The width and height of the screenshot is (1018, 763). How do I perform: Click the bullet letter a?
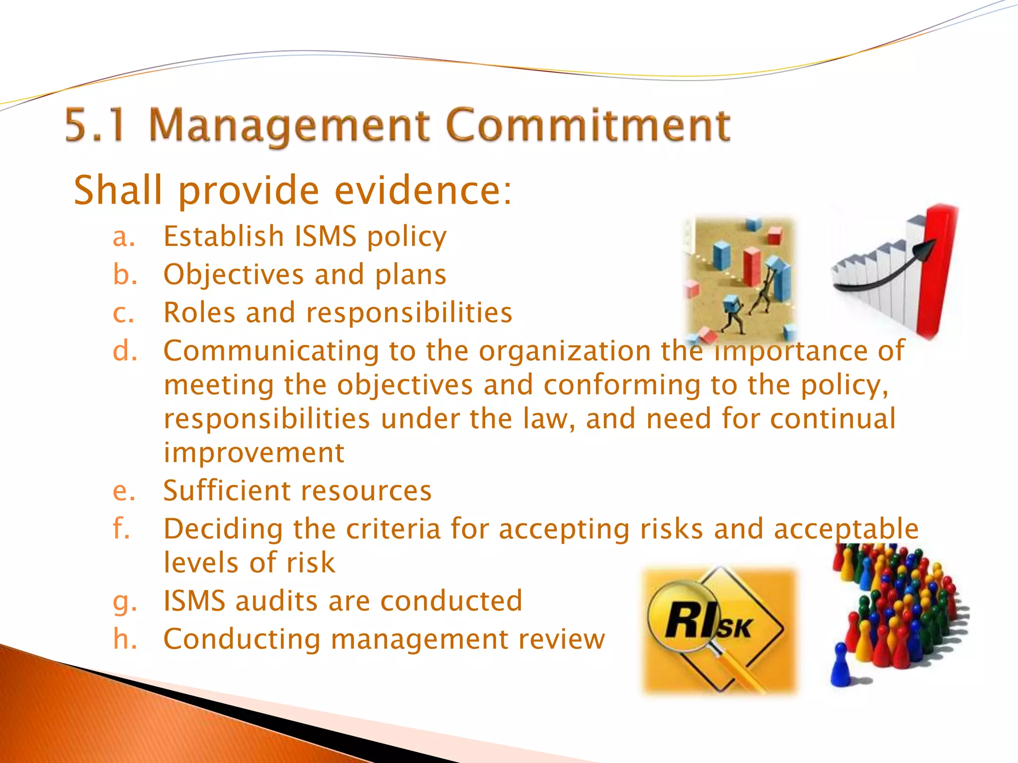tap(123, 237)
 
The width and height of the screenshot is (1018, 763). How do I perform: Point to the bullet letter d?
tap(124, 351)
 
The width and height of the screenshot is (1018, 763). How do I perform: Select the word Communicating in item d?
tap(271, 351)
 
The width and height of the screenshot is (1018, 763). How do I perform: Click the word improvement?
tap(254, 453)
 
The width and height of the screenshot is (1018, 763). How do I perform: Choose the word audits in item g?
tap(276, 601)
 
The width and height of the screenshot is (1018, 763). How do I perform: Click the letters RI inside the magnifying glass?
tap(688, 620)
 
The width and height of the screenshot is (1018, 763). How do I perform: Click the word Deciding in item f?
tap(223, 529)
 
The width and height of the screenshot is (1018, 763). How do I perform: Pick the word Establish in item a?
tap(224, 236)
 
